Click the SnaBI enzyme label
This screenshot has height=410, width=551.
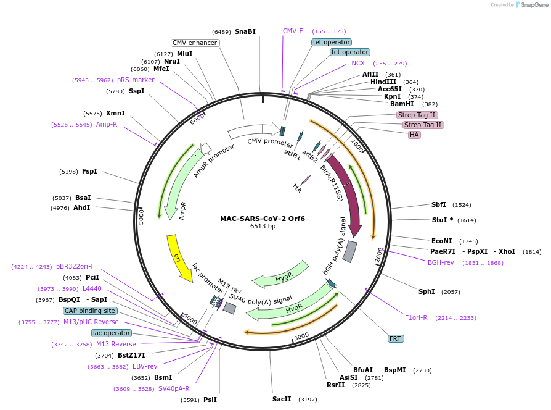tap(245, 31)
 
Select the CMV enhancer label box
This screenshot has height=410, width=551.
tap(195, 43)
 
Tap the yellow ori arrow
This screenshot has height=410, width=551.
tap(179, 257)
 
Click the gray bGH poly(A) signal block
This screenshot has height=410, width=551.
tap(349, 251)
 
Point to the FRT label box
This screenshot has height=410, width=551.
tap(395, 338)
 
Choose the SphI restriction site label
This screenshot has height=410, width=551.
tap(427, 291)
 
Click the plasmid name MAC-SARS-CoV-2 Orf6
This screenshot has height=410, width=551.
tap(263, 219)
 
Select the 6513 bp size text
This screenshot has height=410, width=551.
tap(263, 227)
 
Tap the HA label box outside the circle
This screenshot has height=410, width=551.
tap(414, 135)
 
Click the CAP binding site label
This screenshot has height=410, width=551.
tap(89, 311)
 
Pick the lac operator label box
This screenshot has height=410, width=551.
tap(112, 333)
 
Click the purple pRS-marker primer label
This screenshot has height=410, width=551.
tap(135, 80)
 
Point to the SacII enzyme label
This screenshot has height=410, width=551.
tap(282, 399)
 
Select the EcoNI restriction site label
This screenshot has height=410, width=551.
tap(441, 241)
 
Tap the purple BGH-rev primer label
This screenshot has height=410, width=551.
tap(441, 262)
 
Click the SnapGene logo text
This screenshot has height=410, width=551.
tap(531, 5)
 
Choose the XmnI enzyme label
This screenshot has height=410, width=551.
tap(115, 113)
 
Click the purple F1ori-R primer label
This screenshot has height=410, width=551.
tap(416, 317)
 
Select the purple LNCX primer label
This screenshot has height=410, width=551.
tap(356, 63)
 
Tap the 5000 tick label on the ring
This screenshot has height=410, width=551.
tap(141, 217)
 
